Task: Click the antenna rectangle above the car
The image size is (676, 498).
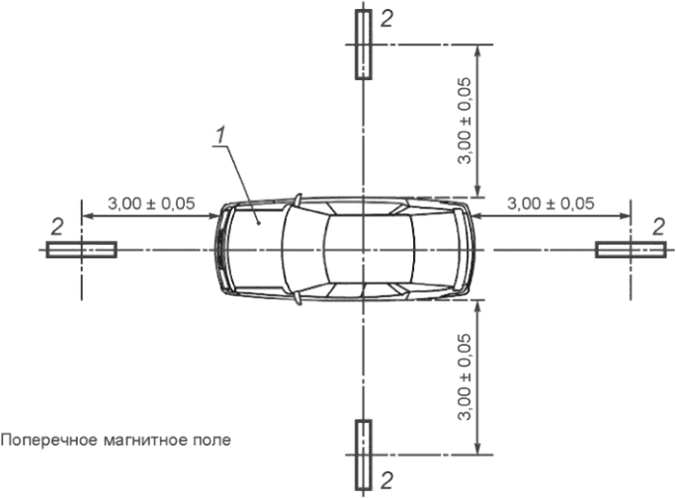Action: click(x=364, y=44)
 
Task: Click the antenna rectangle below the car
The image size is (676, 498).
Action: click(x=364, y=456)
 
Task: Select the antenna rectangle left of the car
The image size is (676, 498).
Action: click(x=81, y=250)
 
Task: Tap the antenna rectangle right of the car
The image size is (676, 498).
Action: click(x=631, y=250)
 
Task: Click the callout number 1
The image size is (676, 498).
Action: click(x=220, y=135)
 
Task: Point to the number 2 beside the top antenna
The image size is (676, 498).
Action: click(x=386, y=19)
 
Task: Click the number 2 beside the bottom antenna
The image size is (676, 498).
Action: click(x=387, y=480)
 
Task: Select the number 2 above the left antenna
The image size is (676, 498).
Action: click(x=57, y=227)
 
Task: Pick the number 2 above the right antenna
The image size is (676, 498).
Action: click(x=658, y=227)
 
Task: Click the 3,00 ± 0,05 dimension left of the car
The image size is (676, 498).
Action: click(x=151, y=204)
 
